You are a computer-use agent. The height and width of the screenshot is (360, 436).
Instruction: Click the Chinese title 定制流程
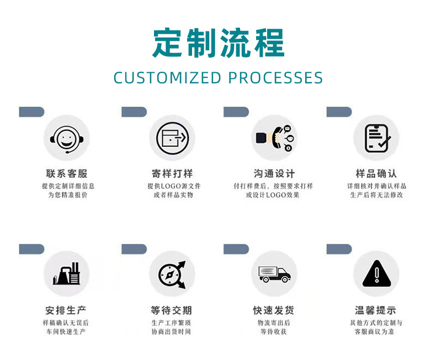(x=218, y=43)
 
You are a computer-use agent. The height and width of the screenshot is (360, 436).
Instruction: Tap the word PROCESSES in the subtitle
(x=275, y=78)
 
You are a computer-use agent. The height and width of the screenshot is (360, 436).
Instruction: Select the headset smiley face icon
(x=66, y=138)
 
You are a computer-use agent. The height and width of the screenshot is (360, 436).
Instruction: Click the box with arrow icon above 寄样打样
(x=172, y=138)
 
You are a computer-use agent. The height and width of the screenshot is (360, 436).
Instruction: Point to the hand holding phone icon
(x=274, y=138)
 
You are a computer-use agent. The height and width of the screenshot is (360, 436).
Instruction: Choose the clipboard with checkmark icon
(x=376, y=138)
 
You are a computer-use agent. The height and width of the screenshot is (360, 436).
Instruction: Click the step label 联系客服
(x=66, y=173)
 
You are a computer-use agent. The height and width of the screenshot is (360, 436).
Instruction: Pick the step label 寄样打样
(x=172, y=173)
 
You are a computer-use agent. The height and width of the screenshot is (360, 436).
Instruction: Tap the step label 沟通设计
(x=274, y=173)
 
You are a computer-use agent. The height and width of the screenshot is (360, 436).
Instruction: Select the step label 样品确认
(x=376, y=173)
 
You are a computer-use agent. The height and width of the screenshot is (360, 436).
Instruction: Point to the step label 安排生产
(x=66, y=310)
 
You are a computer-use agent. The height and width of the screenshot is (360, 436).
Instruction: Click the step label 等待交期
(x=172, y=310)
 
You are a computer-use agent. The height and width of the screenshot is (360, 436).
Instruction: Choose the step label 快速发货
(x=274, y=310)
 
